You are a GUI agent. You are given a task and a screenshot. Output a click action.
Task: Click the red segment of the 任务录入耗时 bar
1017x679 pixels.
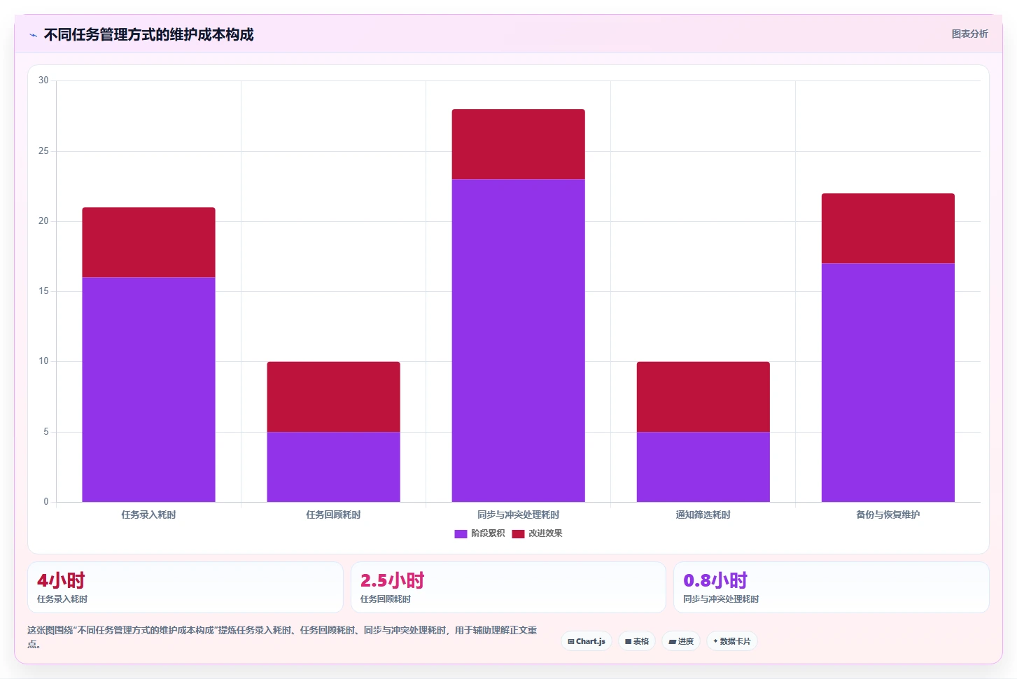pyautogui.click(x=148, y=242)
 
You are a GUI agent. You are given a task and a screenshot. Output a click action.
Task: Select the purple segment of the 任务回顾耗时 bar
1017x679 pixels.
pyautogui.click(x=333, y=467)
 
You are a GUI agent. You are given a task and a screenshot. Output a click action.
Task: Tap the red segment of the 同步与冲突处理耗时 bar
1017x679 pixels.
pyautogui.click(x=518, y=144)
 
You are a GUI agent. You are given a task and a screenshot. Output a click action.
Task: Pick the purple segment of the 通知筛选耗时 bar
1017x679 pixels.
pyautogui.click(x=703, y=467)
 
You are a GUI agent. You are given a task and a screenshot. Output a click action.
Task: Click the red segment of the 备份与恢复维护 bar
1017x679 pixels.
pyautogui.click(x=888, y=228)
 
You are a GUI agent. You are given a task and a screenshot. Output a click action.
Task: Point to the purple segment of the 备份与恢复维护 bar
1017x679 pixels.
pyautogui.click(x=888, y=382)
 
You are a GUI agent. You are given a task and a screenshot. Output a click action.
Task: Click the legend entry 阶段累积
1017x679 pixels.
pyautogui.click(x=479, y=533)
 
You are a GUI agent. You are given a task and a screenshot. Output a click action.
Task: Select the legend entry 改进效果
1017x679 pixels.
pyautogui.click(x=537, y=533)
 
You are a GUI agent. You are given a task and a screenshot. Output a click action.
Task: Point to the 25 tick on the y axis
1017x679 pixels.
pyautogui.click(x=43, y=150)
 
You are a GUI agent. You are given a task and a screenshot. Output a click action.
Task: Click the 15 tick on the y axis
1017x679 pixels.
pyautogui.click(x=43, y=290)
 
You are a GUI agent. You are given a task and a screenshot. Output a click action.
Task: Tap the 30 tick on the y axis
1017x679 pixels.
pyautogui.click(x=43, y=80)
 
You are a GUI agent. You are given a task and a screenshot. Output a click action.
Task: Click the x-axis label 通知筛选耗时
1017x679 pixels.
pyautogui.click(x=703, y=514)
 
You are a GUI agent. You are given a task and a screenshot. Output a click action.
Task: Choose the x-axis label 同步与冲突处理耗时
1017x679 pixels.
pyautogui.click(x=518, y=514)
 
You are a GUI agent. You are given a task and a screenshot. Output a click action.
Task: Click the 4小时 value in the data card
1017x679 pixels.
pyautogui.click(x=61, y=580)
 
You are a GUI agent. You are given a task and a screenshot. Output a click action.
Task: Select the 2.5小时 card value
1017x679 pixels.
pyautogui.click(x=392, y=580)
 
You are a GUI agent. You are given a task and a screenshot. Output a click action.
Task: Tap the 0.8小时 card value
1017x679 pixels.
pyautogui.click(x=715, y=580)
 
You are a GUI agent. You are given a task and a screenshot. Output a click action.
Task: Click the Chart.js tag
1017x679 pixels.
pyautogui.click(x=586, y=641)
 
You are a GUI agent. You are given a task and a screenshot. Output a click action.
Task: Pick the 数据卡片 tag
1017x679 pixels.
pyautogui.click(x=731, y=641)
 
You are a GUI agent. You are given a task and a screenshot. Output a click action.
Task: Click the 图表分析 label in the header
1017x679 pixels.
pyautogui.click(x=970, y=34)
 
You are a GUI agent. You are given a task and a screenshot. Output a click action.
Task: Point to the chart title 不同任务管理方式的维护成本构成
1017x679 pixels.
pyautogui.click(x=148, y=34)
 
